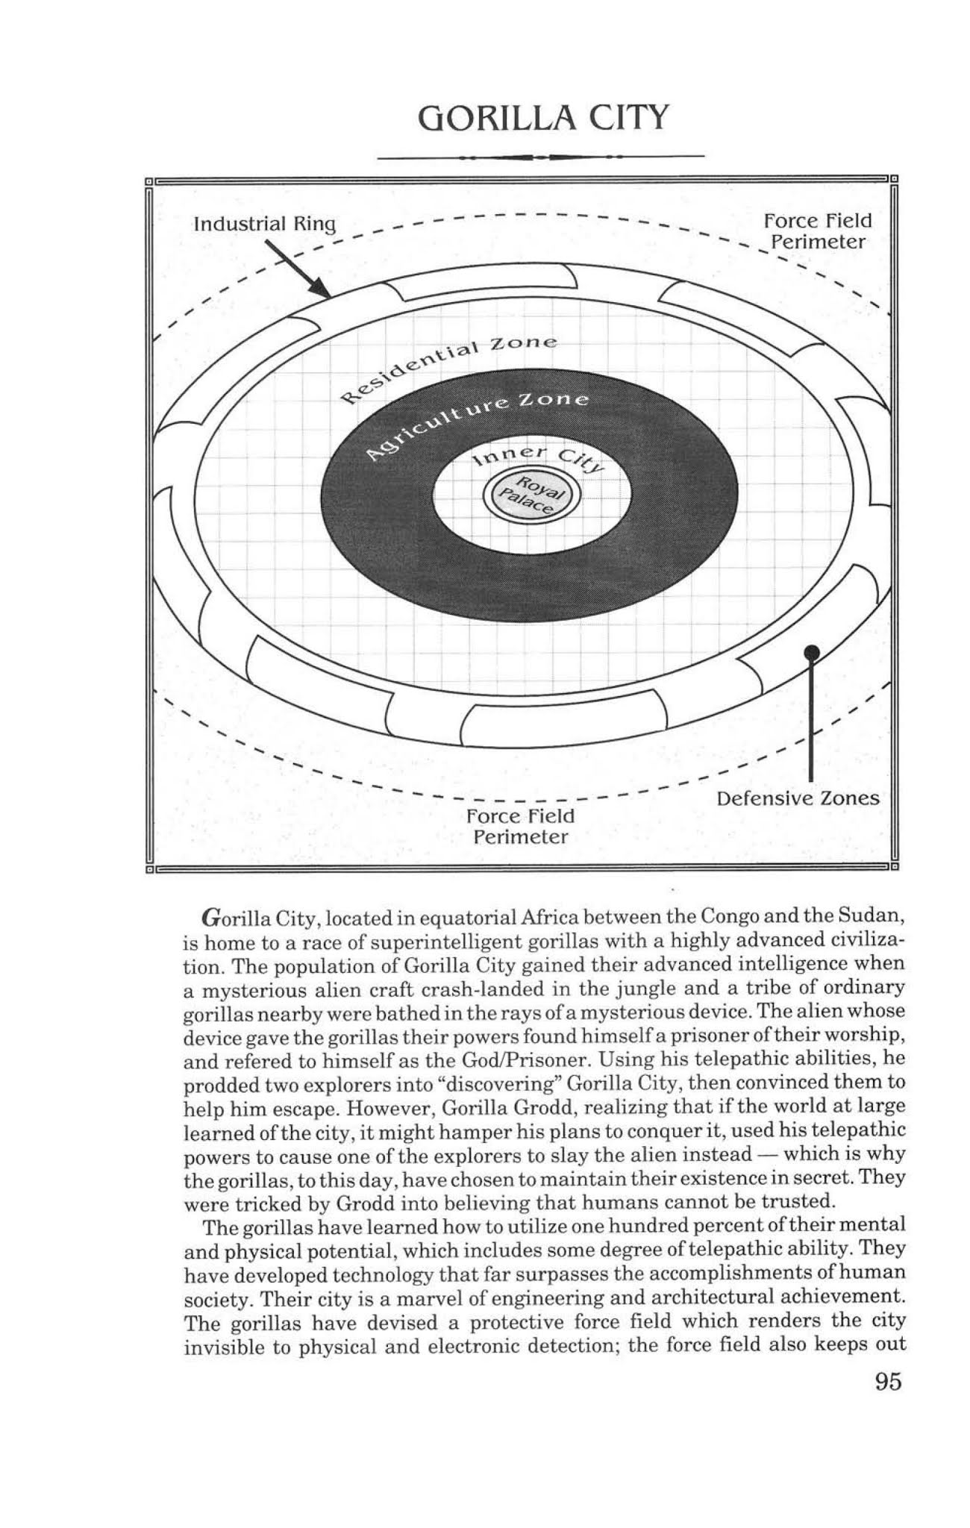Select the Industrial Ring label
click(x=264, y=224)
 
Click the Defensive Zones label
click(x=798, y=798)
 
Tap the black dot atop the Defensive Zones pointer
click(x=811, y=653)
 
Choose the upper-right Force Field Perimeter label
click(x=818, y=231)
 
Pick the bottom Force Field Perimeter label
click(x=520, y=826)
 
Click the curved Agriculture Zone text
click(x=478, y=423)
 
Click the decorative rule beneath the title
click(x=542, y=157)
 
